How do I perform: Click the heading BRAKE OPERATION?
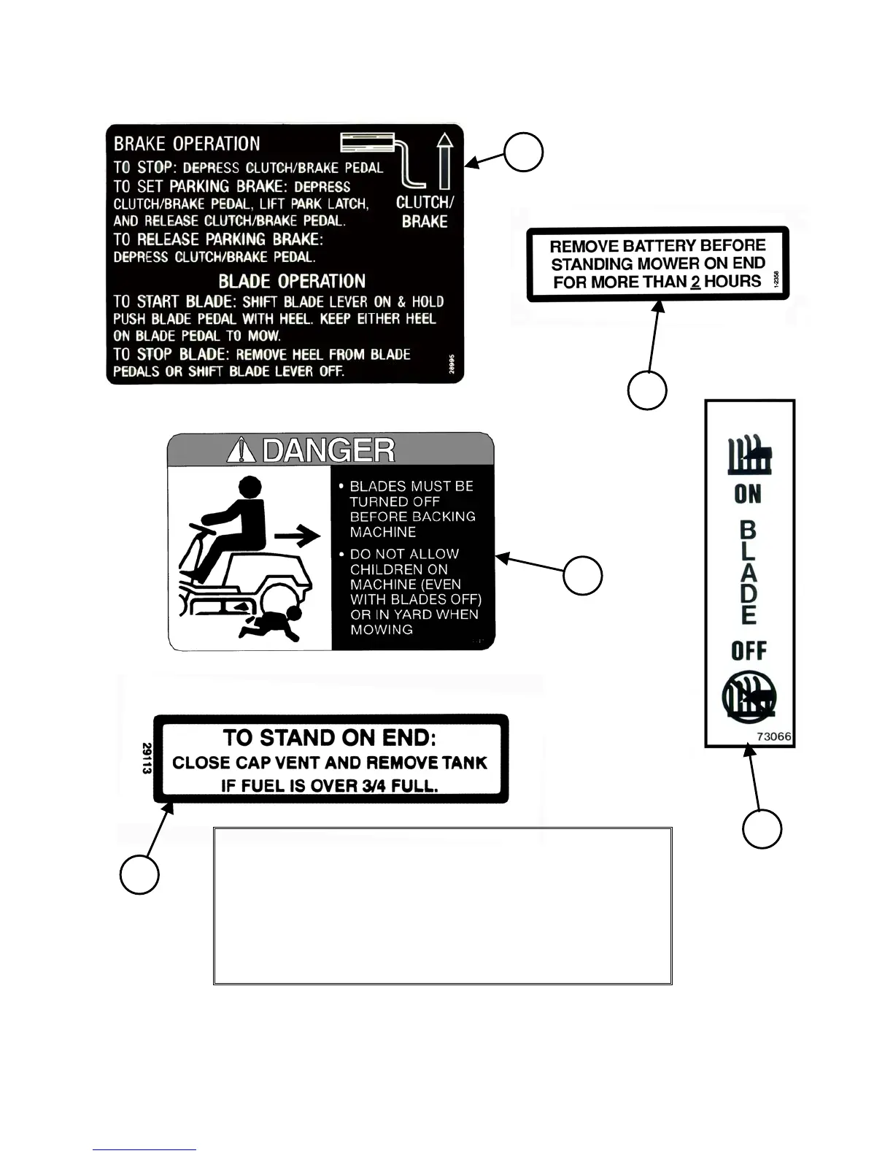click(187, 144)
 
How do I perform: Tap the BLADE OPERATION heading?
click(292, 281)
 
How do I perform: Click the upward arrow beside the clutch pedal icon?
click(444, 161)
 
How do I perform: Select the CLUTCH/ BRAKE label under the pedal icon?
click(425, 212)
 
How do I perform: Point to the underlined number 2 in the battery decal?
click(695, 282)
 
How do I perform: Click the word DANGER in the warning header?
click(328, 450)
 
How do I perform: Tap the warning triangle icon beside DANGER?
click(241, 451)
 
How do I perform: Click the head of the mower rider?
click(250, 487)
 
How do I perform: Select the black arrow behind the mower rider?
click(297, 537)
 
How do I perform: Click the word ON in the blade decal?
click(748, 494)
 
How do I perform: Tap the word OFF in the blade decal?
click(749, 650)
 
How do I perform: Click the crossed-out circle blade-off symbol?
click(749, 698)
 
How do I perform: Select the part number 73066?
click(773, 736)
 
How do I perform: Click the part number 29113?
click(147, 758)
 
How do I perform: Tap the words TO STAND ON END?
click(330, 737)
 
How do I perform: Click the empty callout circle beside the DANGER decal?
click(582, 575)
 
